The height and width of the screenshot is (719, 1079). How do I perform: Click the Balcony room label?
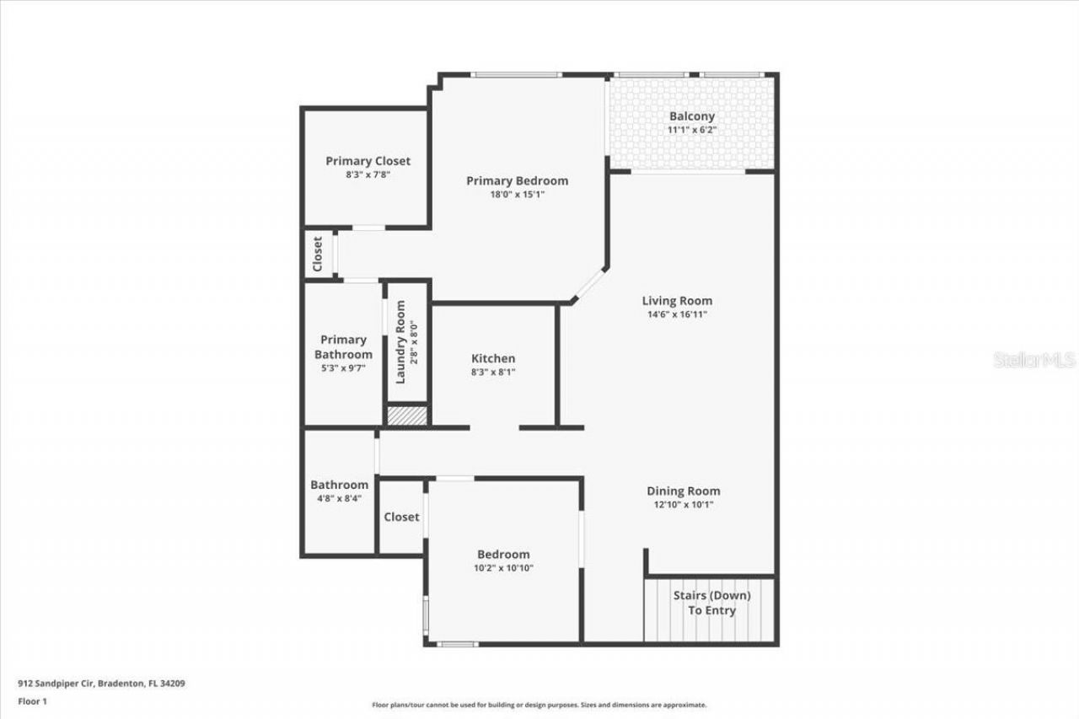click(x=691, y=116)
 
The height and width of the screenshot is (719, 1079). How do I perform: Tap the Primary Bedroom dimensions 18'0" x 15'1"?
click(x=517, y=195)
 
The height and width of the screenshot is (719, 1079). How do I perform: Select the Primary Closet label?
click(x=368, y=161)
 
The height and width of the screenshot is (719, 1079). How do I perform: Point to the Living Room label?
click(x=677, y=300)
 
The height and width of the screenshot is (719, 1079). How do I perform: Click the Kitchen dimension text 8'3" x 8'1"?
click(x=493, y=373)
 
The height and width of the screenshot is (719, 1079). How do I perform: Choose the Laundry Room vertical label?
click(x=400, y=342)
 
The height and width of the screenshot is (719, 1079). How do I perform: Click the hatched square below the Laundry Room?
click(x=408, y=416)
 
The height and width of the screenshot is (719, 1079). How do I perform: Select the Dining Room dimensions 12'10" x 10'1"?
click(x=683, y=505)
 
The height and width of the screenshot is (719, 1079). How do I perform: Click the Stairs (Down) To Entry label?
click(x=711, y=603)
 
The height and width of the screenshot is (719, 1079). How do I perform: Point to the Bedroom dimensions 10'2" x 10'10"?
click(x=503, y=568)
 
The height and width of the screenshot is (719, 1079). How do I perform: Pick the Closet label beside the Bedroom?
click(x=401, y=517)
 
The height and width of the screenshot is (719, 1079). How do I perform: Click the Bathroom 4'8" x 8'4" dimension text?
click(x=339, y=499)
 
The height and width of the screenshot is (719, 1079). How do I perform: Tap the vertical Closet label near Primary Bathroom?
click(x=318, y=254)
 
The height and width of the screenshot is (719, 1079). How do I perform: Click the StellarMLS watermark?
click(x=1034, y=360)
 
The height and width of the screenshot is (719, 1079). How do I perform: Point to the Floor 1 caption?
click(x=32, y=700)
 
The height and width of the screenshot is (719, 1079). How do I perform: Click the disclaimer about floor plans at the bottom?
click(x=539, y=705)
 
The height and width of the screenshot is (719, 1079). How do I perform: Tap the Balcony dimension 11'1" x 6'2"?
click(x=691, y=131)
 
